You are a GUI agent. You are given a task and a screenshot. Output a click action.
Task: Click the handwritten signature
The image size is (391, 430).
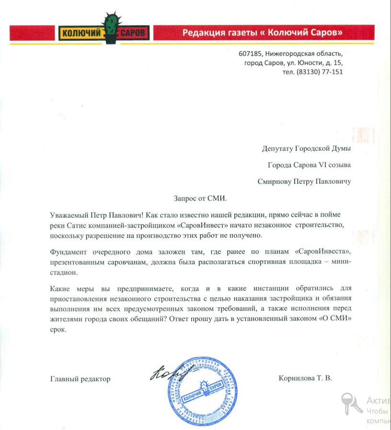click(166, 373)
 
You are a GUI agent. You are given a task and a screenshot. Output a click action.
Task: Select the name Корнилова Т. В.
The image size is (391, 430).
click(305, 378)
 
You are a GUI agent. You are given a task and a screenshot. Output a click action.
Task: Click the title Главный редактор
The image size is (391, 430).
click(80, 379)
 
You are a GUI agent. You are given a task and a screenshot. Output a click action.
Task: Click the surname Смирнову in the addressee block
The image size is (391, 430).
click(276, 181)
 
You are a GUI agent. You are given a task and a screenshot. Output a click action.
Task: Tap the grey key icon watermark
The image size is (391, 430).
click(351, 403)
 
